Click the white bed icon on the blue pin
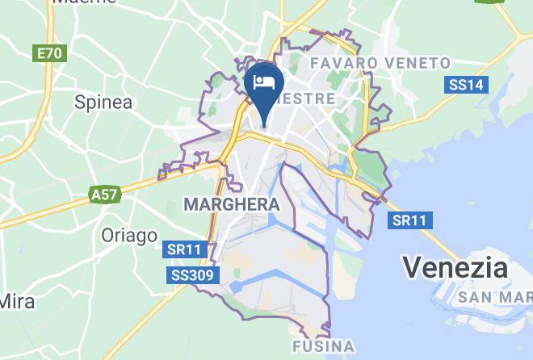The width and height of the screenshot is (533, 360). pos(265,82)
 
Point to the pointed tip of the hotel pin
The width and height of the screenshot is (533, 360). pos(265,127)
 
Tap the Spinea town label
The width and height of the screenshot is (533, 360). pos(103,102)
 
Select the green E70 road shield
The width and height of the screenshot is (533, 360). pos(48,54)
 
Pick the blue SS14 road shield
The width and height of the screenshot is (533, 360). pos(466,84)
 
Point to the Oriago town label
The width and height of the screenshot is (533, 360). pos(129,236)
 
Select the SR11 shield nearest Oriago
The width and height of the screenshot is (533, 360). pos(183,250)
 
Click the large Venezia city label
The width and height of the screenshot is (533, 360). pos(455,267)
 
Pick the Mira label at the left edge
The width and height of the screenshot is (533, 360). pos(16,302)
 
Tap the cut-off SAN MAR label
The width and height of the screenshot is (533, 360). pos(494,298)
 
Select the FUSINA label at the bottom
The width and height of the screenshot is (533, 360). pos(322,348)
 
